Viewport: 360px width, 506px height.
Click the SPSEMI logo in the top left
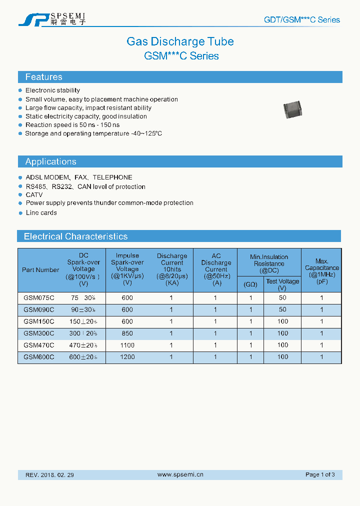click(x=52, y=19)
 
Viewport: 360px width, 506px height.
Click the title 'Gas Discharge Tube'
click(x=180, y=41)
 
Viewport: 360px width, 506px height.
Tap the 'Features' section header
click(x=44, y=77)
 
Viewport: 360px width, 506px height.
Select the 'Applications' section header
click(x=50, y=161)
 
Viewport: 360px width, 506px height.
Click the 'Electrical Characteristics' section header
click(x=75, y=236)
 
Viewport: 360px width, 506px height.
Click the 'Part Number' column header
click(x=40, y=270)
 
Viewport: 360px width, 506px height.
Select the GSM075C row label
click(x=38, y=297)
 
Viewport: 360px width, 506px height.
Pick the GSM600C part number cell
click(x=38, y=357)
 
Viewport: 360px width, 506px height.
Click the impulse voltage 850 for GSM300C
click(x=127, y=333)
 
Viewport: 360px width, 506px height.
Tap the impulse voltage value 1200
click(x=127, y=357)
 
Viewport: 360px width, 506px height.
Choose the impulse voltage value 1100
click(x=127, y=345)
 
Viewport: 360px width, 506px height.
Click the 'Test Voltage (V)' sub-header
click(x=282, y=284)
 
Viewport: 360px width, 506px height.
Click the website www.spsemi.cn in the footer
click(x=180, y=474)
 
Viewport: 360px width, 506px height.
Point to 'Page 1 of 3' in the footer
click(x=320, y=474)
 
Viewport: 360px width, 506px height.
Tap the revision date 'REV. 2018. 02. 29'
click(x=49, y=474)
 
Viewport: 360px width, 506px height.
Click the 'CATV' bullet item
click(x=34, y=195)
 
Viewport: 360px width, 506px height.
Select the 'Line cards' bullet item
click(x=41, y=213)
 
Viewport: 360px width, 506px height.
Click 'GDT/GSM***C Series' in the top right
click(x=301, y=20)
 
